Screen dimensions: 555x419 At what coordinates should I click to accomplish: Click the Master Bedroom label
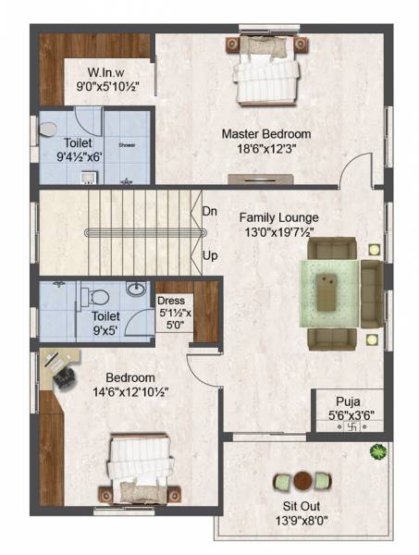tap(265, 134)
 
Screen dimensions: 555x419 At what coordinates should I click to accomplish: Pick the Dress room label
tap(172, 301)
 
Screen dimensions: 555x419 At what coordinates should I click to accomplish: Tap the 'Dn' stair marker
tap(210, 211)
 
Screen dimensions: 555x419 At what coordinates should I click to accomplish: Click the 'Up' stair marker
tap(210, 253)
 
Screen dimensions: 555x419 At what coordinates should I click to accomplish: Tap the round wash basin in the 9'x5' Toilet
tap(135, 290)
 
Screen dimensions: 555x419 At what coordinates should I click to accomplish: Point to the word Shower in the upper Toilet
tap(127, 145)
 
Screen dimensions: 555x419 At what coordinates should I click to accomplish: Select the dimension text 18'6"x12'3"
tap(265, 149)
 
